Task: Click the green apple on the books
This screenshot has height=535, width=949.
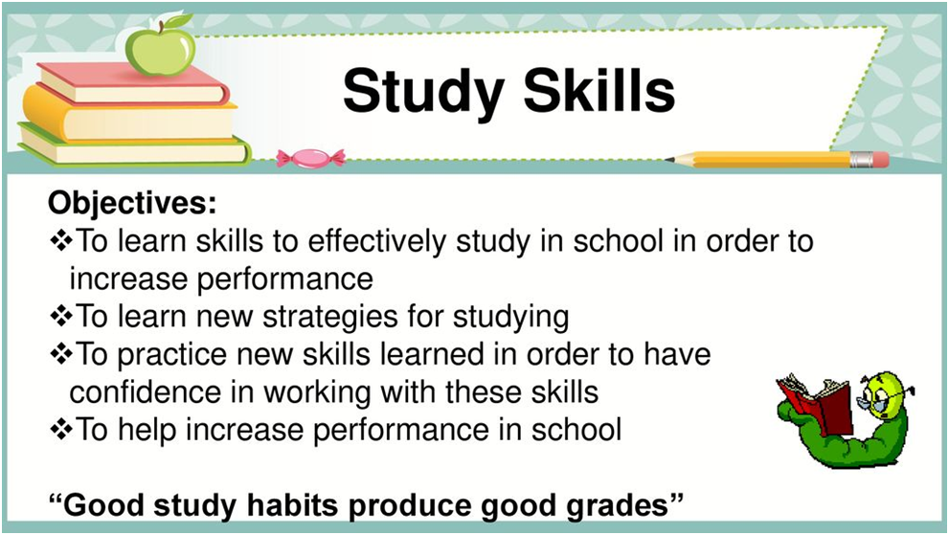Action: click(161, 50)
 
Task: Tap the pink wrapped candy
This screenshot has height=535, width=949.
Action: click(310, 157)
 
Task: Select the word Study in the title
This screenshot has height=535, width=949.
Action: click(423, 91)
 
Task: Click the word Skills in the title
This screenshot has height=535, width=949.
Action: click(599, 90)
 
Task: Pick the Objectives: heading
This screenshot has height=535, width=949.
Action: click(132, 203)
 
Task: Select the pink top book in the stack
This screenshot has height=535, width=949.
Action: click(133, 83)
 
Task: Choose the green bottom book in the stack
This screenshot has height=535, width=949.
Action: click(133, 145)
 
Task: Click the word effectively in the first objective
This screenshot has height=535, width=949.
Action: click(377, 240)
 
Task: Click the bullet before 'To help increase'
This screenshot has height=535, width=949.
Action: click(60, 429)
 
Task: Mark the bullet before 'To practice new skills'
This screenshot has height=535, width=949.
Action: click(60, 354)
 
